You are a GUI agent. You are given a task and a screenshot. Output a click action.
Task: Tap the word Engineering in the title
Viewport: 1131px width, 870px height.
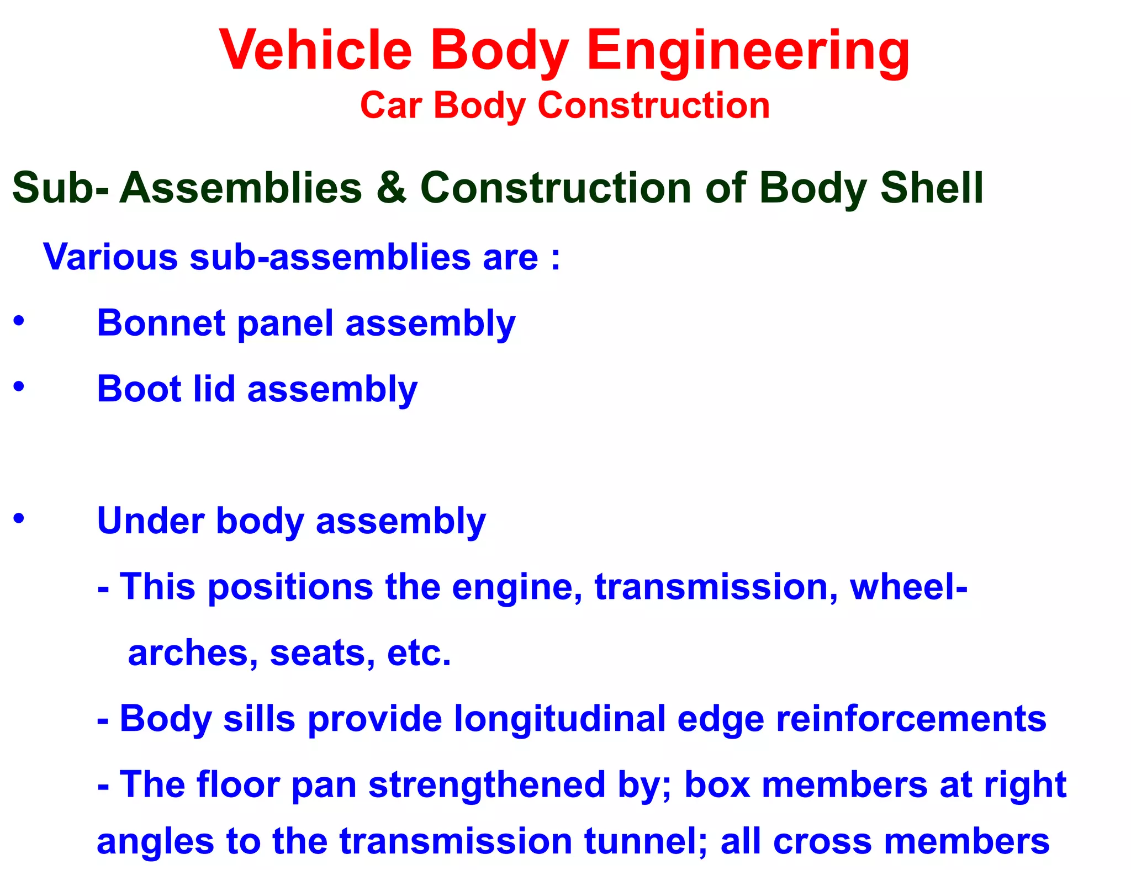point(748,51)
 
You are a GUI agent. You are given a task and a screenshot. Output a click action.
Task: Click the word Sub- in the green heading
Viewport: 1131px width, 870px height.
point(60,188)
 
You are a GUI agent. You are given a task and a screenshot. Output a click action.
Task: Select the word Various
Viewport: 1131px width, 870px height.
point(110,257)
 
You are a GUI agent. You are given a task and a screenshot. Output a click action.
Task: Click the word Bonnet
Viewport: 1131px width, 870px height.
point(161,323)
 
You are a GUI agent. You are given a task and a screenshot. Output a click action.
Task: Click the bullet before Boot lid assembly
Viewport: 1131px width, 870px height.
point(19,386)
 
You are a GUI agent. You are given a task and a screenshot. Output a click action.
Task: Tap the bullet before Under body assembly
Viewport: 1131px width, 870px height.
point(19,518)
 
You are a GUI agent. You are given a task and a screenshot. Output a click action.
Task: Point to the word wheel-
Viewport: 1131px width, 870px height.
point(908,586)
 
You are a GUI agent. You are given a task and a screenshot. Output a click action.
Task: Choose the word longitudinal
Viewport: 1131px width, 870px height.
point(560,719)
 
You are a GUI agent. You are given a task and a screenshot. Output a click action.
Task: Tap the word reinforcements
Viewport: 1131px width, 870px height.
point(911,719)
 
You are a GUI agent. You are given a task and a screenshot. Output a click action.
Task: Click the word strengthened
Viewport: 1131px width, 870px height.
point(487,784)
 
